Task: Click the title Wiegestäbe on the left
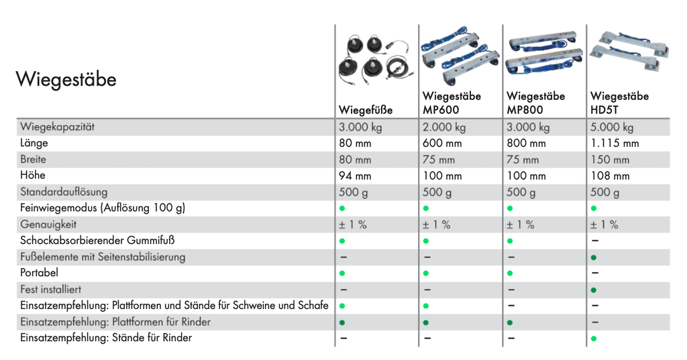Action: click(x=66, y=80)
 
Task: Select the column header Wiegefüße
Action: click(x=366, y=110)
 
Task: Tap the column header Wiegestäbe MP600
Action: click(x=452, y=103)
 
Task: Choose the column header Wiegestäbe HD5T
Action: click(x=619, y=103)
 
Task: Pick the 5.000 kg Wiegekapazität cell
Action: click(x=612, y=127)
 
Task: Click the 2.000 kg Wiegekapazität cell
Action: click(x=444, y=127)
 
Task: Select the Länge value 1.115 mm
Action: click(x=615, y=143)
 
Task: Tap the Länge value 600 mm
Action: click(x=442, y=143)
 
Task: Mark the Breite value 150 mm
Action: click(x=610, y=160)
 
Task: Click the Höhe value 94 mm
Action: click(x=355, y=176)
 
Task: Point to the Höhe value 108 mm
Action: click(x=610, y=176)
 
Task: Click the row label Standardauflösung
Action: click(x=64, y=192)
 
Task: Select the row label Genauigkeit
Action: click(x=48, y=225)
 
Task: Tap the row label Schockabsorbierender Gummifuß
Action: click(x=97, y=241)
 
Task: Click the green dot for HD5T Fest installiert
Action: click(x=594, y=290)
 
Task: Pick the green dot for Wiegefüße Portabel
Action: click(x=343, y=274)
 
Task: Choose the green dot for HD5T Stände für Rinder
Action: click(x=594, y=339)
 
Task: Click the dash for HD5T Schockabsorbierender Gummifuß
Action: click(x=595, y=241)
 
